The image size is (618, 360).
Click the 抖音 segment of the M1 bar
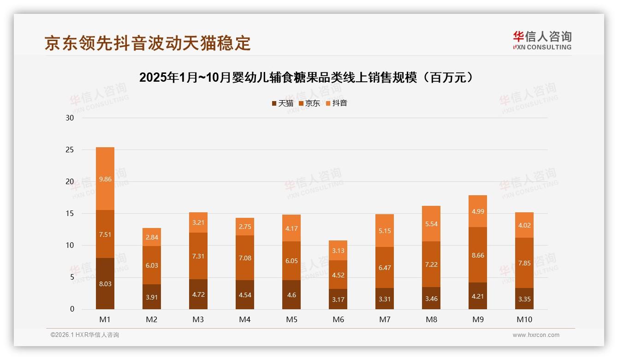pos(105,179)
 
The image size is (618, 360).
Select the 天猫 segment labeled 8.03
pos(105,284)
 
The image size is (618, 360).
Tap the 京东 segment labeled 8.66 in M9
pos(478,255)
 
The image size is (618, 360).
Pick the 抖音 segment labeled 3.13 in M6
pos(338,251)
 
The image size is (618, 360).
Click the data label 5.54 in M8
pos(431,224)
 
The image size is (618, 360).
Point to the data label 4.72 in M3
pos(198,294)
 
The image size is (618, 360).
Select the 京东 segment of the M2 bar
pos(152,265)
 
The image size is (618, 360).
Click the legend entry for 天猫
pos(282,103)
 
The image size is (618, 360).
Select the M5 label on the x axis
pos(291,319)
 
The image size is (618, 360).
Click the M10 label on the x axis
pos(524,319)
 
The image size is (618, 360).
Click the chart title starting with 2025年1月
pos(306,78)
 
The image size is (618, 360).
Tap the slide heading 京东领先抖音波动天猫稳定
pos(148,43)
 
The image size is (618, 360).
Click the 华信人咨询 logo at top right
pos(542,41)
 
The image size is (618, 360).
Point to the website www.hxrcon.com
pos(536,335)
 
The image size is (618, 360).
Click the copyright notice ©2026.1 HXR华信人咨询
pos(85,335)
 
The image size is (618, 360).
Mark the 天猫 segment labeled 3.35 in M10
pos(524,299)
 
